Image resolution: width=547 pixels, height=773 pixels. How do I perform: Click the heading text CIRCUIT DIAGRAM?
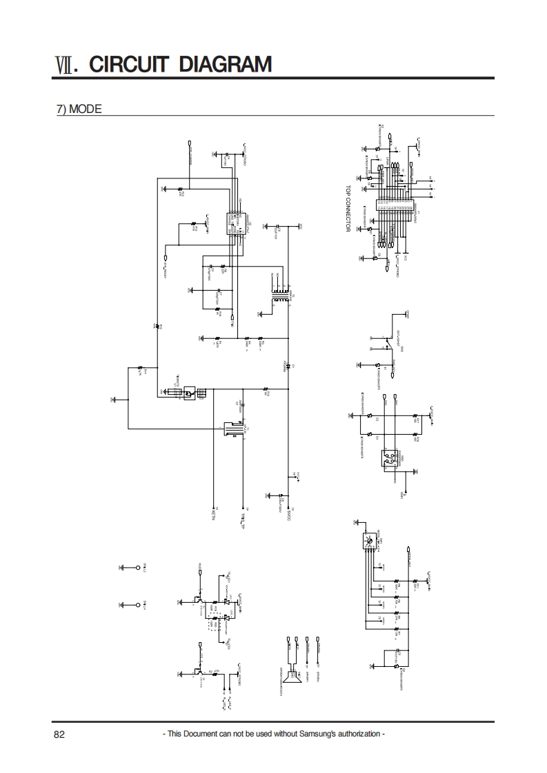pyautogui.click(x=181, y=65)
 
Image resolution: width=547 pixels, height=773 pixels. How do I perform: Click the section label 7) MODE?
pyautogui.click(x=79, y=109)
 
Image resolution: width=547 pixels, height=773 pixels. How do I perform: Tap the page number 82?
pyautogui.click(x=59, y=734)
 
